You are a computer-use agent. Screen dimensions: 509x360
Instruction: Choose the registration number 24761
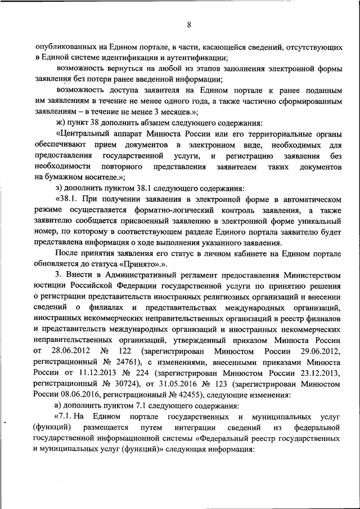125,362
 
